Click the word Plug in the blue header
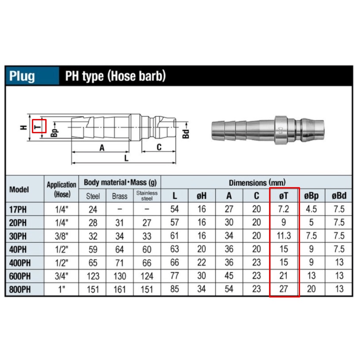click(22, 76)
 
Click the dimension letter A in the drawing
click(102, 147)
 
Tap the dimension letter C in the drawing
click(159, 147)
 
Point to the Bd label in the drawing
click(185, 134)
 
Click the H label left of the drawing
click(24, 127)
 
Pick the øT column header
click(284, 196)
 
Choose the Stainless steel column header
click(147, 196)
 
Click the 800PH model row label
click(20, 289)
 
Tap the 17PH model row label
click(18, 210)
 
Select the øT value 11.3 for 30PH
click(284, 236)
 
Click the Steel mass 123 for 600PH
click(93, 276)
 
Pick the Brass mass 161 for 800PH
click(119, 289)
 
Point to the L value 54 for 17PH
click(175, 209)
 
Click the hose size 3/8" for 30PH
click(62, 236)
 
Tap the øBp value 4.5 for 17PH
click(311, 209)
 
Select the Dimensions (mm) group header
click(257, 183)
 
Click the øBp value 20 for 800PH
click(311, 289)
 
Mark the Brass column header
click(119, 196)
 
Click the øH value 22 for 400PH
click(202, 263)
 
